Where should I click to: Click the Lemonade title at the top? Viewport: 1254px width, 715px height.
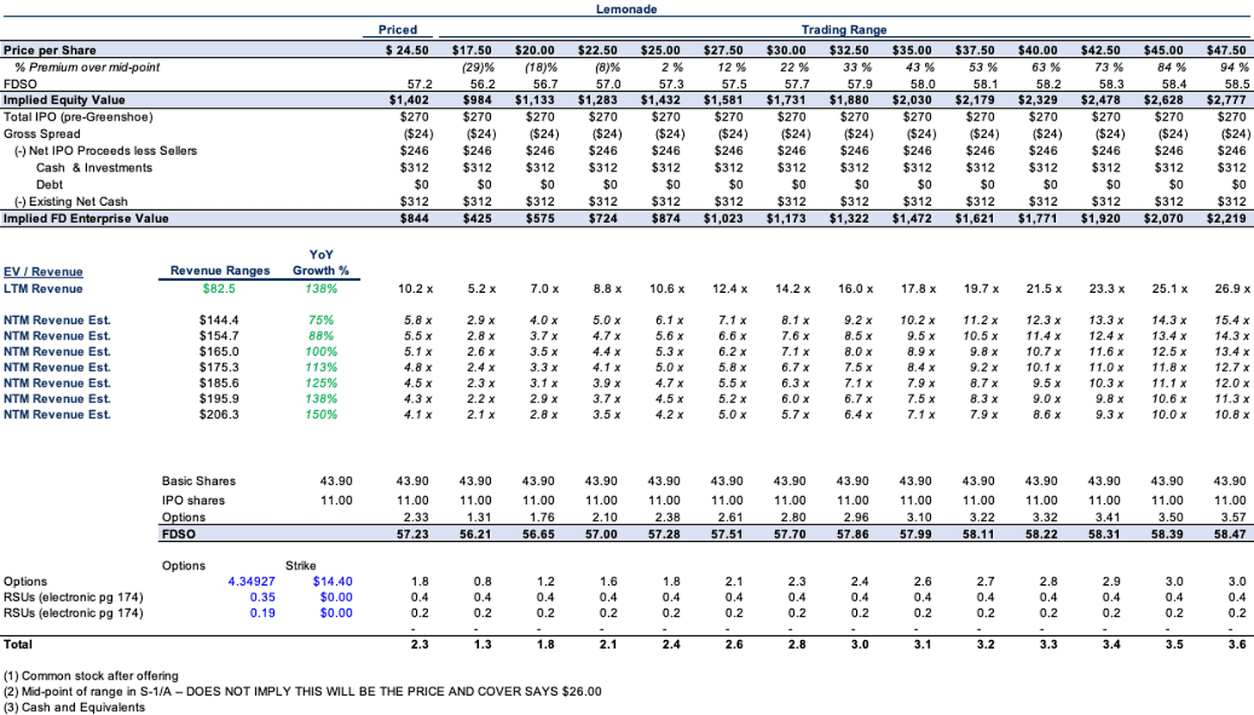[626, 9]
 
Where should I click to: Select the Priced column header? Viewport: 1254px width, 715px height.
[398, 29]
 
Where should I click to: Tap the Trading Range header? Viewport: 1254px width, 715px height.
[844, 29]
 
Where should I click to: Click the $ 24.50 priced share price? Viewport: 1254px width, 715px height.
[407, 50]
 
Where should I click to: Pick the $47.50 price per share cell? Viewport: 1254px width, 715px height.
[1226, 50]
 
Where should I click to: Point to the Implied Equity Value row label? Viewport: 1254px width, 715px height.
[65, 100]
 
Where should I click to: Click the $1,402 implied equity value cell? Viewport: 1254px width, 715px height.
[409, 100]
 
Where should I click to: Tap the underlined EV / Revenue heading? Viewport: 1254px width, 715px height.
[43, 271]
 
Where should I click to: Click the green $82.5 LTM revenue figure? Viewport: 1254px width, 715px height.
[219, 289]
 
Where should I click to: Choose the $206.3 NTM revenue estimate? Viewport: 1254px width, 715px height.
[219, 415]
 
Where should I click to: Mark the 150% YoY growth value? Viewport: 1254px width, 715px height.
[321, 415]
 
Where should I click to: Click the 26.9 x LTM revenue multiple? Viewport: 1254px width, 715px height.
[1232, 289]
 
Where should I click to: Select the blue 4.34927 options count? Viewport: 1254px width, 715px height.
[251, 581]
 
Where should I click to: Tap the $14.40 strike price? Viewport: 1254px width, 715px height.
[332, 581]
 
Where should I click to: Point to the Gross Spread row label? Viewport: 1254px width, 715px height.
[42, 134]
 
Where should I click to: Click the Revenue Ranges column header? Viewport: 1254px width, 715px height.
[220, 270]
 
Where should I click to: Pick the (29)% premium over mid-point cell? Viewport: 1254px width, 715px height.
[478, 67]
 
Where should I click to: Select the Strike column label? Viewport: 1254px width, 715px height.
[301, 565]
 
